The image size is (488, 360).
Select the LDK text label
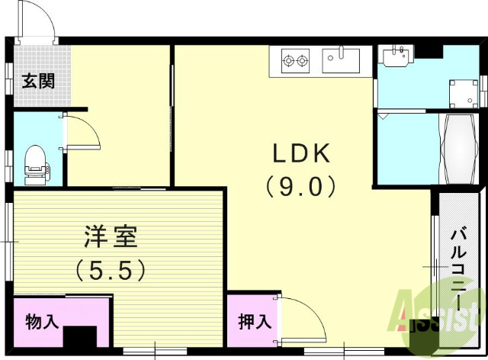point(301,154)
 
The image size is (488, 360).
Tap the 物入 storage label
point(42,321)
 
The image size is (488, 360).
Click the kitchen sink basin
point(341,59)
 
